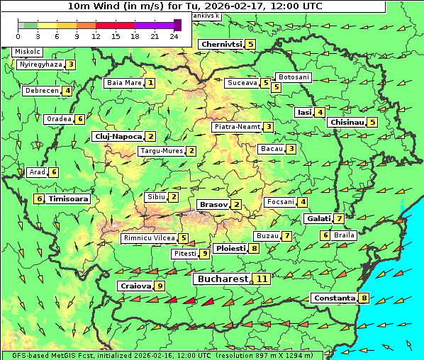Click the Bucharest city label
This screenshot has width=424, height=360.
click(223, 279)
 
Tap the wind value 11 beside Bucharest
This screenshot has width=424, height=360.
click(262, 279)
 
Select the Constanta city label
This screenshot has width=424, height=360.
click(334, 298)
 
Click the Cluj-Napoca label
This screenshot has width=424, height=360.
click(117, 136)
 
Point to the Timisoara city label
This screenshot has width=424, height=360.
click(69, 199)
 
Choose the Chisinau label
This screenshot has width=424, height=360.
click(347, 122)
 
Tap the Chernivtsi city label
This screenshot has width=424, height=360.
click(221, 45)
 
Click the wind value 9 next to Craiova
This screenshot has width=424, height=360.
click(160, 286)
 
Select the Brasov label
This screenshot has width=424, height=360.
click(213, 205)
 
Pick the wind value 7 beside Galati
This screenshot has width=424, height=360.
click(340, 218)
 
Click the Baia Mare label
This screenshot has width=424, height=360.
click(124, 83)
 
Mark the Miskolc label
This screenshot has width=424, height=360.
click(28, 52)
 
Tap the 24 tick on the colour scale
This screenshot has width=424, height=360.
click(174, 35)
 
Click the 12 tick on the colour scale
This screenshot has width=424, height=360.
click(96, 35)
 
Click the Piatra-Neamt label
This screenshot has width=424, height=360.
click(237, 127)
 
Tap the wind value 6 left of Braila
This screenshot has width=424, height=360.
click(325, 235)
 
